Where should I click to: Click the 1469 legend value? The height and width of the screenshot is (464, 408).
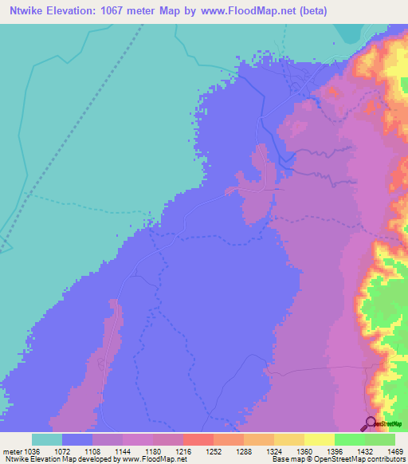pos(385,452)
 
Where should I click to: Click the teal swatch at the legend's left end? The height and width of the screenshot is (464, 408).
pos(47,439)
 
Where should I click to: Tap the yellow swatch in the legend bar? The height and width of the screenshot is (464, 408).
pos(320,439)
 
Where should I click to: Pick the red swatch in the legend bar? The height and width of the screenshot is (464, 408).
pos(198,439)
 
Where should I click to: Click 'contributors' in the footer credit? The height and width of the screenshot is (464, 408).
pos(385,460)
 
